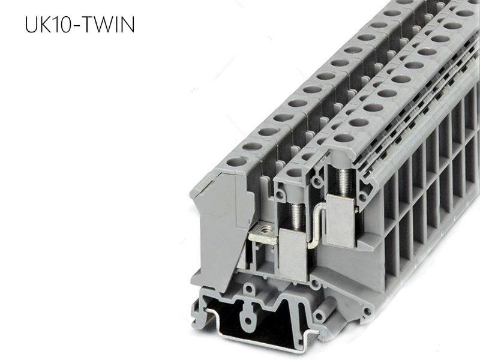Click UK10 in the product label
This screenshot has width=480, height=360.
46,25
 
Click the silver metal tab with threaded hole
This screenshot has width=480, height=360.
262,233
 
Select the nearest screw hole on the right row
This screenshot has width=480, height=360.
344,138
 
